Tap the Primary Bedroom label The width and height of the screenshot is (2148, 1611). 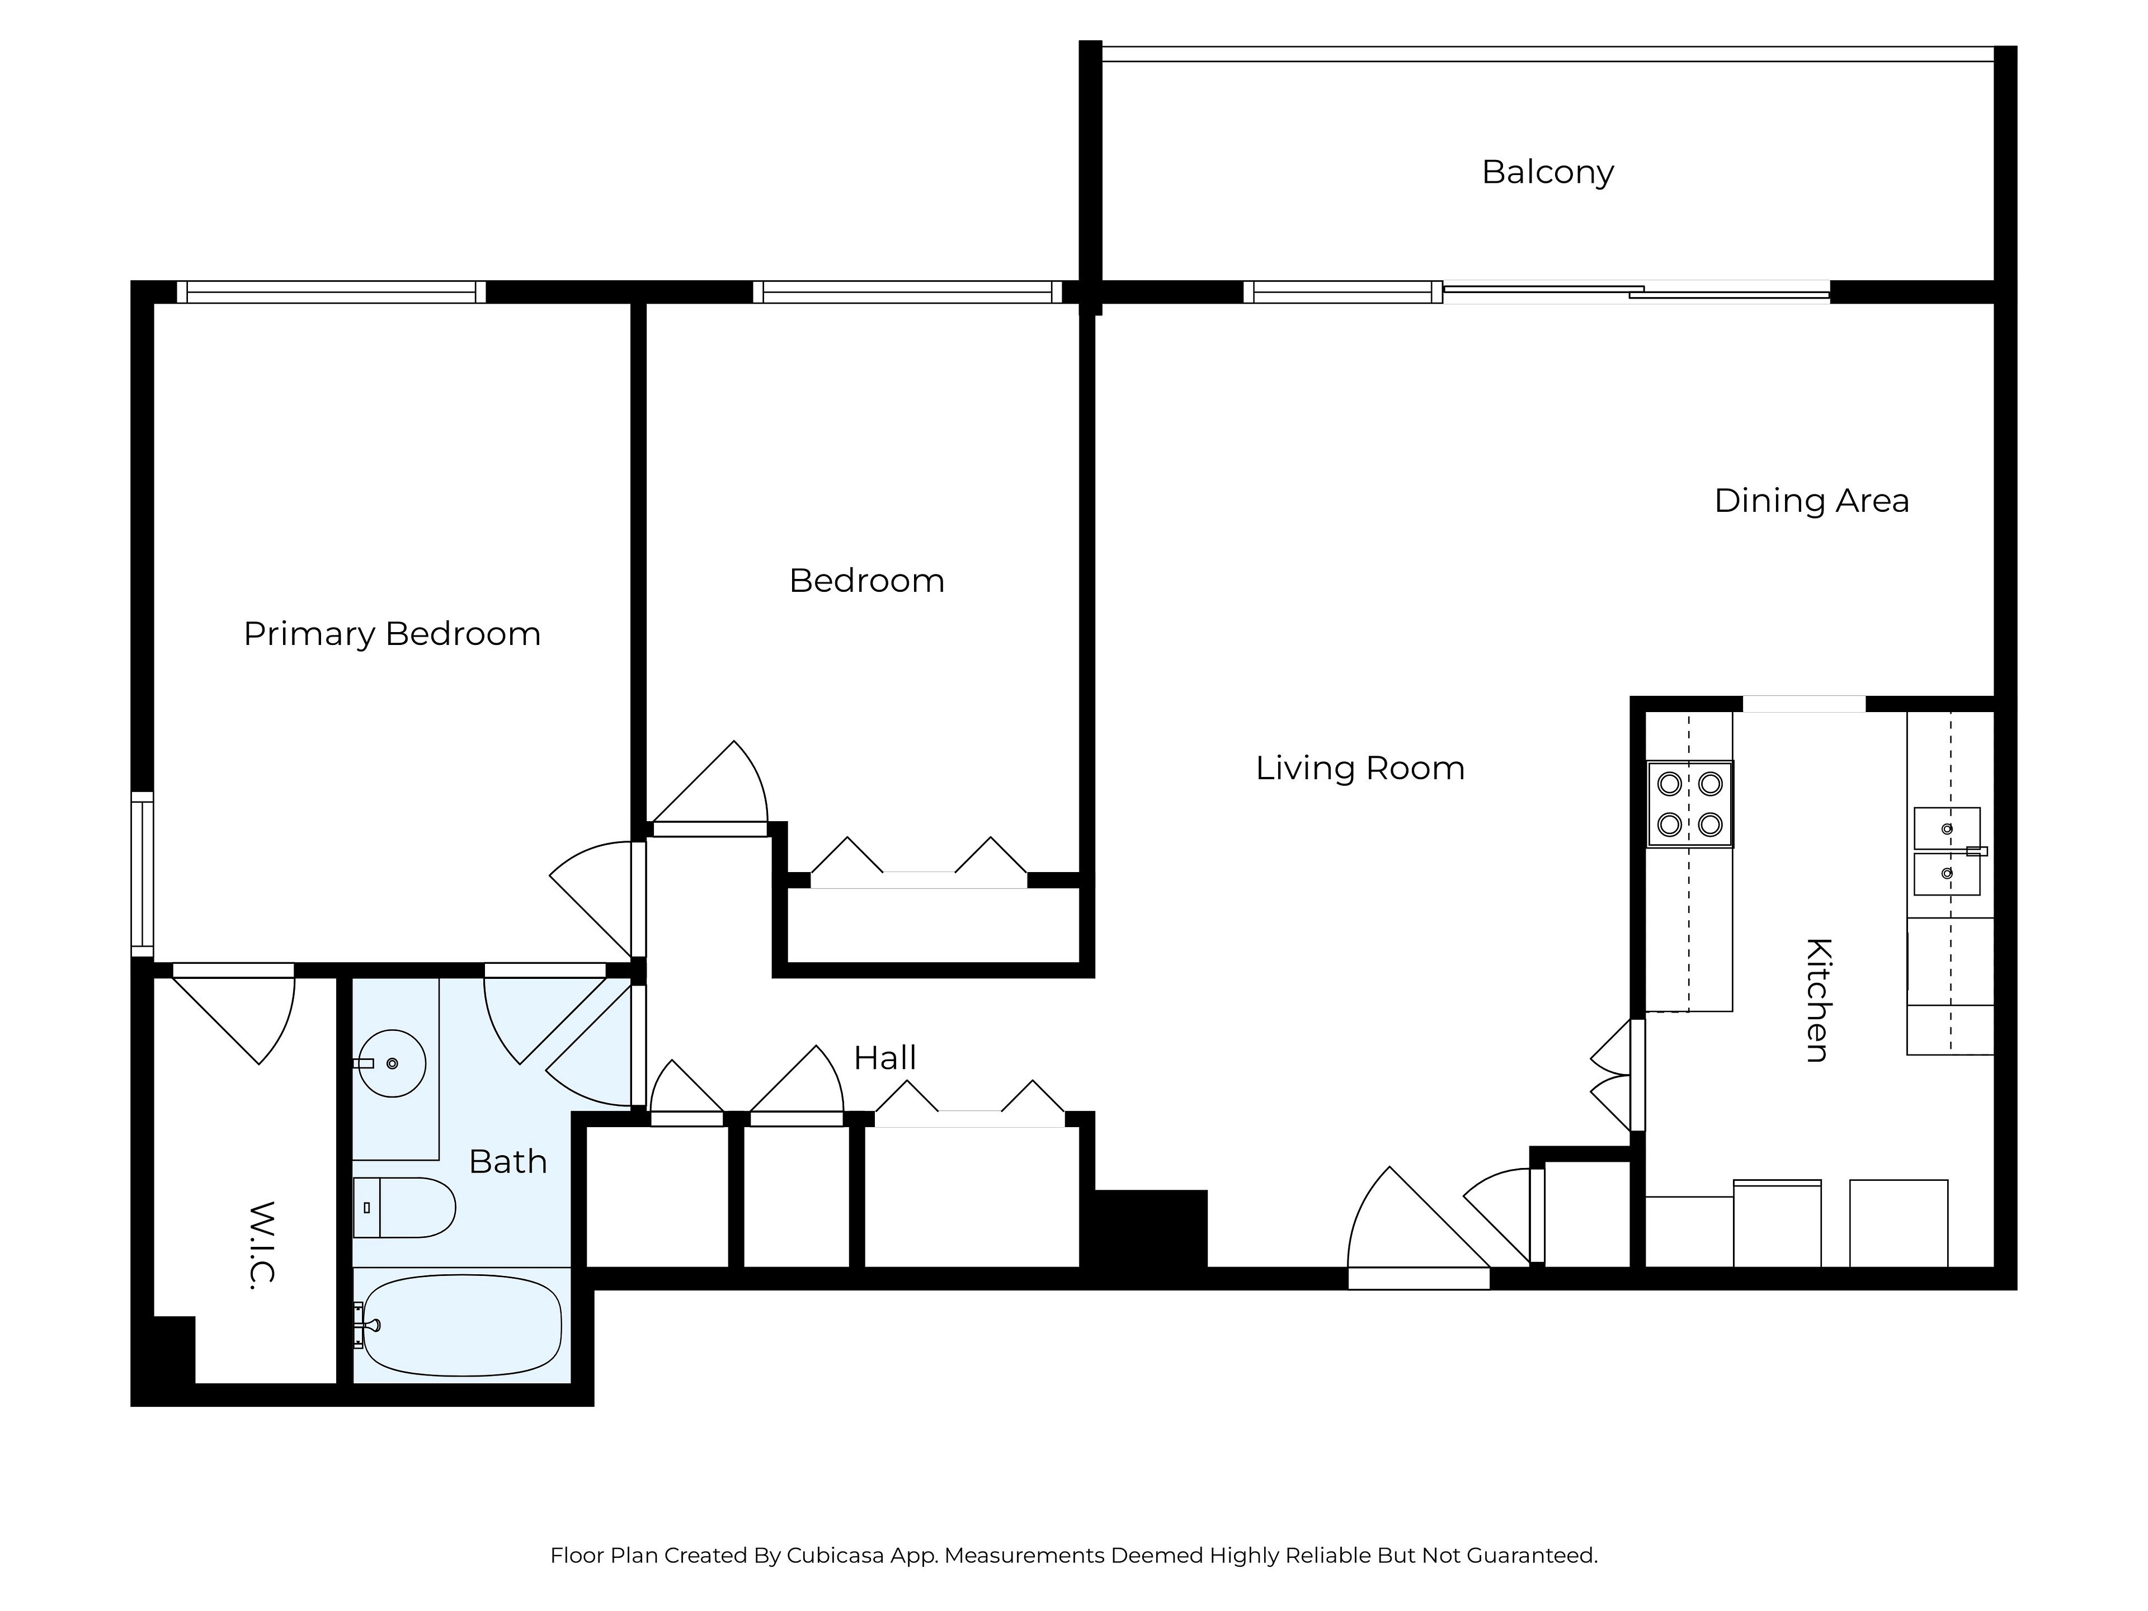coord(392,634)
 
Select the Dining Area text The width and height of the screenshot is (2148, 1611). coord(1811,501)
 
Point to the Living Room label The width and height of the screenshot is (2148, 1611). coord(1359,768)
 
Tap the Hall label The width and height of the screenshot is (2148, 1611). coord(884,1057)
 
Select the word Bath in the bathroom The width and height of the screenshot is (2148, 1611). coord(508,1161)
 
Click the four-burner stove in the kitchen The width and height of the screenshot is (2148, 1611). coord(1690,804)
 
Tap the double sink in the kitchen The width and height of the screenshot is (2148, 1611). coord(1948,851)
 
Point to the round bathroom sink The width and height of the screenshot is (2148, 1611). coord(392,1063)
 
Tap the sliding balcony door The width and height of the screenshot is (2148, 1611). coord(1636,291)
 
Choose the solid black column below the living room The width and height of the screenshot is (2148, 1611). coord(1151,1228)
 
